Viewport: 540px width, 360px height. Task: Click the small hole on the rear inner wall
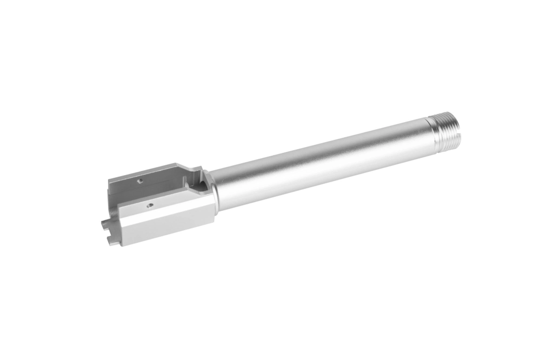click(139, 182)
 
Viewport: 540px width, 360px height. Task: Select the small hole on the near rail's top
click(151, 205)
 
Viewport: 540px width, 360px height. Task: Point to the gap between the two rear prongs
click(108, 229)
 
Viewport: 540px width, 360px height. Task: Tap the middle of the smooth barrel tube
click(319, 159)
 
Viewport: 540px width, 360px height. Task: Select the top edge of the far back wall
click(143, 170)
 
